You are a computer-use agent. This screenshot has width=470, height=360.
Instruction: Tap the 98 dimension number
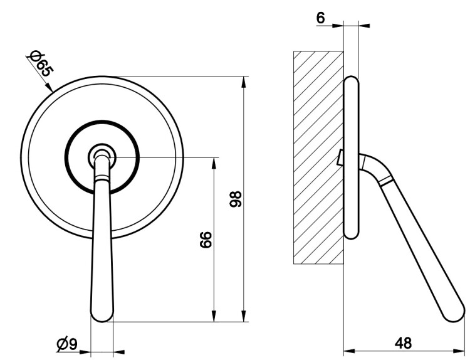(x=236, y=199)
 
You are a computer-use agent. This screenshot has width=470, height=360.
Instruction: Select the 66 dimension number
(x=206, y=240)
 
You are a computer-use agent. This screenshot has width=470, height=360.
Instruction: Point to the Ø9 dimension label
(x=67, y=344)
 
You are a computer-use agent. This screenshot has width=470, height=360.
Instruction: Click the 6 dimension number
(x=320, y=18)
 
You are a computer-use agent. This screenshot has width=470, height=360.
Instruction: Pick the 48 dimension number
(x=403, y=343)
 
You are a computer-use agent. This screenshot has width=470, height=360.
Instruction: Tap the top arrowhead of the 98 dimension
(x=245, y=83)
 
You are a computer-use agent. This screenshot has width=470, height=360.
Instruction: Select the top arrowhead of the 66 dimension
(x=214, y=164)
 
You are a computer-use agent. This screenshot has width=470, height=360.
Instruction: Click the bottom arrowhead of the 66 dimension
(x=214, y=316)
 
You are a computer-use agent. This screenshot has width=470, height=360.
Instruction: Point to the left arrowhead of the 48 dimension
(x=349, y=351)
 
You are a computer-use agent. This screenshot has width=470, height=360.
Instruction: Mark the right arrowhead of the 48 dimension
(x=459, y=351)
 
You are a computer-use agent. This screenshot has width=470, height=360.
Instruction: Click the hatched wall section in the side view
(x=318, y=157)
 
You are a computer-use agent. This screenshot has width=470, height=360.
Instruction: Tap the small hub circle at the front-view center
(x=102, y=157)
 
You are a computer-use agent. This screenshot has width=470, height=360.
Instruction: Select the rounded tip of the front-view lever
(x=102, y=315)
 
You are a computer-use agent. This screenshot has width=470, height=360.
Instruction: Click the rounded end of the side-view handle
(x=454, y=312)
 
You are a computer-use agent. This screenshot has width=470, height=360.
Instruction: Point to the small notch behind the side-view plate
(x=340, y=157)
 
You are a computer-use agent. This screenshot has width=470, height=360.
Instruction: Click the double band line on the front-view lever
(x=102, y=178)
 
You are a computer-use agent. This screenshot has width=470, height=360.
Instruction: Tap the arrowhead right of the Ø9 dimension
(x=119, y=352)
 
